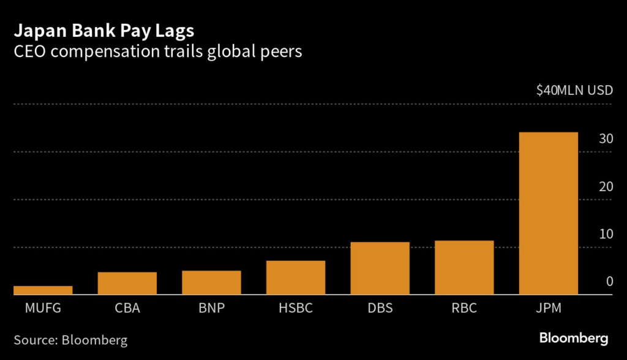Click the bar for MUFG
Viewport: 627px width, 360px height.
43,290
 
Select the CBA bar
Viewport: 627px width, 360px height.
127,283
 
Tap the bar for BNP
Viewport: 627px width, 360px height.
211,283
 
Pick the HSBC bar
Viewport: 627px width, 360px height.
296,278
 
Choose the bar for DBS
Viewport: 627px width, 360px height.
380,269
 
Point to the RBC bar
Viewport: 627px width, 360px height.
464,268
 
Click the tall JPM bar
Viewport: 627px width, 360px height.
548,214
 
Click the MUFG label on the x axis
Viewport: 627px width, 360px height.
43,308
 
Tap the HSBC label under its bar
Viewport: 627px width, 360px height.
296,308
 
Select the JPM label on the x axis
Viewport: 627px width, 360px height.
548,308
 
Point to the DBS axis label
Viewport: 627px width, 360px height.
380,308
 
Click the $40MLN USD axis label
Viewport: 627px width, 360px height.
574,91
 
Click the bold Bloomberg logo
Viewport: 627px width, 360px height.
573,338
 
